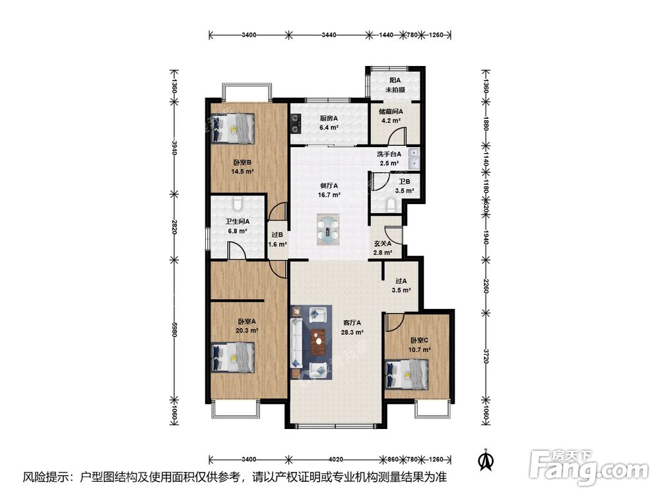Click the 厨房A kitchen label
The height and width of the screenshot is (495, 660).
(x=329, y=118)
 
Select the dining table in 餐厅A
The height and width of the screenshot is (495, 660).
(x=328, y=230)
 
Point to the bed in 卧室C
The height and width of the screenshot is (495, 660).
(x=407, y=374)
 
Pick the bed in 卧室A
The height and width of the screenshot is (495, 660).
(x=233, y=357)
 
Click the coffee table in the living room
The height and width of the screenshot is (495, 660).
(x=319, y=341)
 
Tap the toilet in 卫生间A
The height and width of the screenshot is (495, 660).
(x=238, y=204)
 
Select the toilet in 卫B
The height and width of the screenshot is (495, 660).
(x=391, y=205)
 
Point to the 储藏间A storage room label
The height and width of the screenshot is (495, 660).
(x=391, y=112)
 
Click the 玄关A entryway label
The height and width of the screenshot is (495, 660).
(x=383, y=244)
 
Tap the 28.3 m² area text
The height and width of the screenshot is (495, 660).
(x=352, y=332)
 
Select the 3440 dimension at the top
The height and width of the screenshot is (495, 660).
(x=329, y=35)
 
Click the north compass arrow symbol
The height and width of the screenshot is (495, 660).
(x=486, y=459)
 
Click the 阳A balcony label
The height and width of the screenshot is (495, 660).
(x=395, y=80)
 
